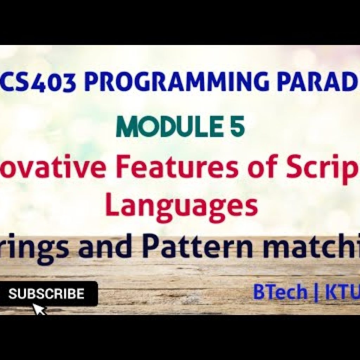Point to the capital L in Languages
point(112,207)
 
